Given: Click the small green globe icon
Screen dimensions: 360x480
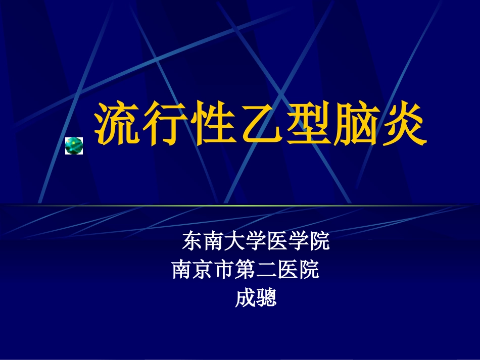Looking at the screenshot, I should click(74, 145).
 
